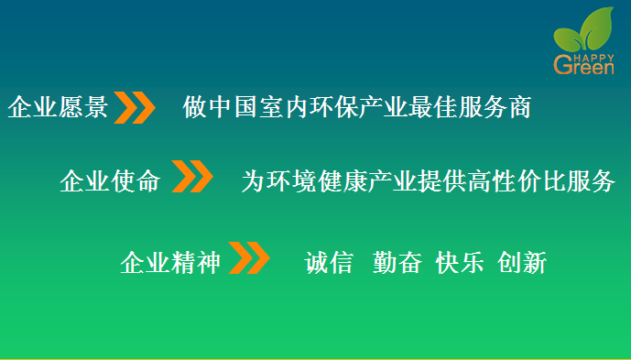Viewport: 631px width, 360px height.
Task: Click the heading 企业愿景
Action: pos(58,109)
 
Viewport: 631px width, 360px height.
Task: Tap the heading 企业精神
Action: pos(170,264)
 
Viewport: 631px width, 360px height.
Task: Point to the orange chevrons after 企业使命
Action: pos(193,178)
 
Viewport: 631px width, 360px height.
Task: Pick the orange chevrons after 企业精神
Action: pos(248,258)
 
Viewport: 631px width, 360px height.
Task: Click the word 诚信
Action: pos(329,264)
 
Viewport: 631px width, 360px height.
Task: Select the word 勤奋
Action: pos(397,264)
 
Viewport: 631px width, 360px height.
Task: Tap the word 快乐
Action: pos(460,264)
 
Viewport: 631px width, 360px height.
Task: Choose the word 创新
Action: pos(522,264)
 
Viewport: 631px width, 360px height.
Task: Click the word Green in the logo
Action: pos(583,66)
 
